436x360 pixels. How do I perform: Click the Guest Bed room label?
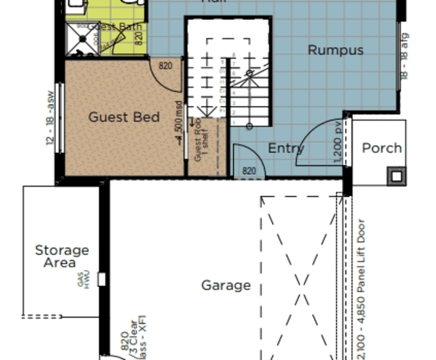click(x=124, y=117)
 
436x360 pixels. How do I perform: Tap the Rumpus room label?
click(x=335, y=50)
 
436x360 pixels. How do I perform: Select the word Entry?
click(x=286, y=148)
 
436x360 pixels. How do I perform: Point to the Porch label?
click(x=382, y=148)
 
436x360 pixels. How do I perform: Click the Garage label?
click(x=226, y=285)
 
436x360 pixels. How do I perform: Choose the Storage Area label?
click(x=62, y=256)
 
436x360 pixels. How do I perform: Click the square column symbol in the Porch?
click(x=396, y=175)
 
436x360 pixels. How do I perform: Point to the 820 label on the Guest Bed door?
click(x=165, y=66)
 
